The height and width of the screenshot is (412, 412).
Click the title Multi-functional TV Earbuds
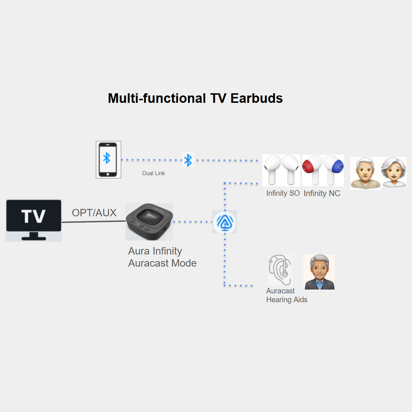195,98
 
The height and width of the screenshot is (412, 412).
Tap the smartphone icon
108,160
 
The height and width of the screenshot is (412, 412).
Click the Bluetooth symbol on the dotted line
188,160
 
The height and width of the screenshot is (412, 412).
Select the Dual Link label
153,173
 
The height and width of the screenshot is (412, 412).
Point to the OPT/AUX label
94,213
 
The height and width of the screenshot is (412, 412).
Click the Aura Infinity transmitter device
149,221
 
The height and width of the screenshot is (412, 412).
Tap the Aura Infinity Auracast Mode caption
162,257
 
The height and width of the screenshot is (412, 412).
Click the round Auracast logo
225,222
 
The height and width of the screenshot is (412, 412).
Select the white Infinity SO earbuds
281,170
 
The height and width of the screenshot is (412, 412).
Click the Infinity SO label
283,194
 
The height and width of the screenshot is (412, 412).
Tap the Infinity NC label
322,194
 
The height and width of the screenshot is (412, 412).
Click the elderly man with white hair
365,173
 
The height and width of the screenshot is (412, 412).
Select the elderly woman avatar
394,172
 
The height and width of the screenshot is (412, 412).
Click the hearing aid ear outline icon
280,270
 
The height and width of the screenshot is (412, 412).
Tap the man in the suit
319,272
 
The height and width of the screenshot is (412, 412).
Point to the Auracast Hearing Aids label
286,295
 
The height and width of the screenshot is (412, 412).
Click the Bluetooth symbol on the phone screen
107,158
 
